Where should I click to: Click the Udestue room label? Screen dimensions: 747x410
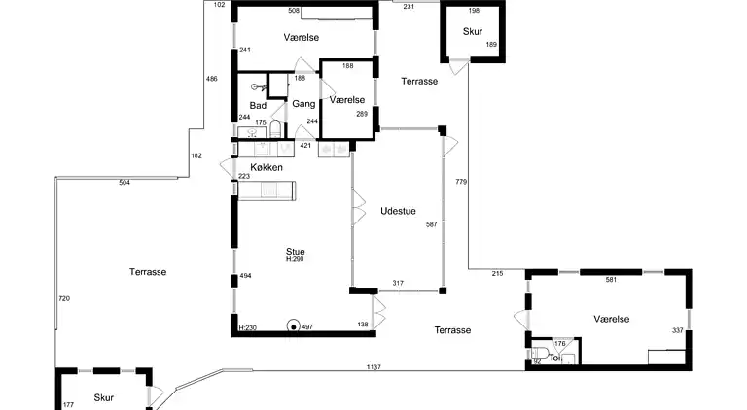click(398, 211)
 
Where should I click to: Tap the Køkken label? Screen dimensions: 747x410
click(267, 167)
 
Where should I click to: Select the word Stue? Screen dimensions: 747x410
click(296, 251)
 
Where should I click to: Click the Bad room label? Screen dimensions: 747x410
click(258, 106)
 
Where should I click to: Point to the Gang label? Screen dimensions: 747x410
click(303, 104)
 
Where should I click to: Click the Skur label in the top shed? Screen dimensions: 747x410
click(473, 31)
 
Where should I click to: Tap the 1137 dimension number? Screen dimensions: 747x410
click(373, 367)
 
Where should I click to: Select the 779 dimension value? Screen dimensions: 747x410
click(461, 182)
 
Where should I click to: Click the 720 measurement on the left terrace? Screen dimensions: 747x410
click(64, 298)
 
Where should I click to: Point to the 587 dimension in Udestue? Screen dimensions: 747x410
click(432, 224)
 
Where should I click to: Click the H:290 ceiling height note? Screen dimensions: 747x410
click(295, 259)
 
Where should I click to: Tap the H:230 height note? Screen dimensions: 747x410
click(248, 327)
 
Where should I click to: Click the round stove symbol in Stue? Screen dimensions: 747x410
click(294, 326)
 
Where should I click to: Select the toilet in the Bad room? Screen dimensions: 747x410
click(275, 129)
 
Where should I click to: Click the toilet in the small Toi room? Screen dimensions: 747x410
click(540, 354)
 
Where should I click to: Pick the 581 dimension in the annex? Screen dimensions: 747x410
click(611, 280)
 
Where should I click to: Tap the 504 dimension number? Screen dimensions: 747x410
click(124, 183)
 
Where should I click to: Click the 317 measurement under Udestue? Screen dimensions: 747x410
click(398, 283)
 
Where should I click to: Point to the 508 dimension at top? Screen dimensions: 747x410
click(294, 11)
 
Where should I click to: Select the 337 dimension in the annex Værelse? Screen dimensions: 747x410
click(677, 330)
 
